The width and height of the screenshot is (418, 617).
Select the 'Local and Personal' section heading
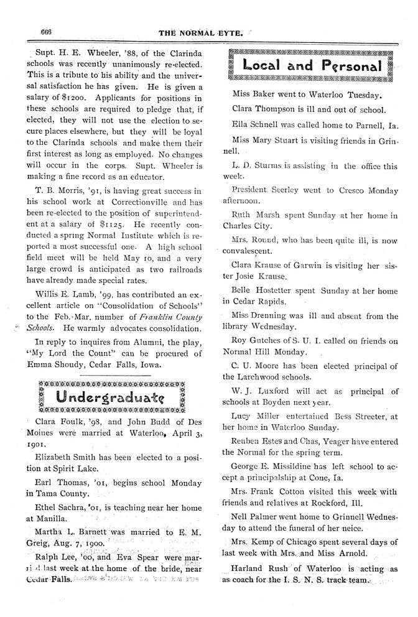312,65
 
